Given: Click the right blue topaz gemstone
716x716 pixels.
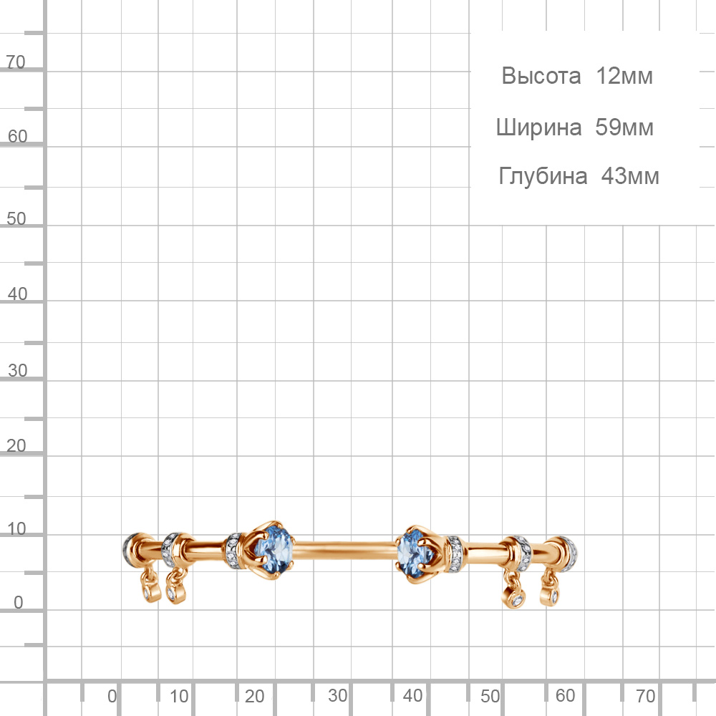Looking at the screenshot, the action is coord(413,553).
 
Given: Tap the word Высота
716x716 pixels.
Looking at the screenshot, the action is coord(541,76).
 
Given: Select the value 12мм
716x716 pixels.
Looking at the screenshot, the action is coord(624,76).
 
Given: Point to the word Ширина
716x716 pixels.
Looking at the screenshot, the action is coord(539,127).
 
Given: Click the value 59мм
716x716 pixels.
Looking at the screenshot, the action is coord(624,127).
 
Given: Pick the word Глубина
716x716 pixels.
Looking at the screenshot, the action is coord(543,176).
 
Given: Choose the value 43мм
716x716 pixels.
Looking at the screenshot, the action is coord(630,176).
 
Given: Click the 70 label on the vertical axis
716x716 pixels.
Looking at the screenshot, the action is coord(16,62).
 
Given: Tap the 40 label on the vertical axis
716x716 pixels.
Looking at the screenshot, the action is coord(17,294).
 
